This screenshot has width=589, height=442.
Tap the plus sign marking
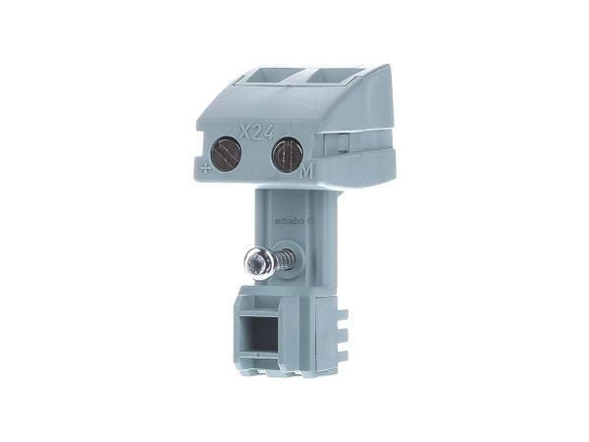(206, 168)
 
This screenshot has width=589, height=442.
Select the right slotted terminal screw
(285, 155)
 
